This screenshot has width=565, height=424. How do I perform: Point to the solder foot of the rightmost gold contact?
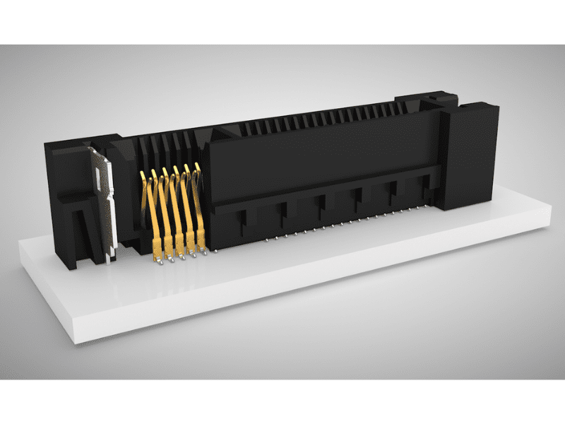coord(204,250)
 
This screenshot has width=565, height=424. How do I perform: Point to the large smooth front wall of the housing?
coord(318,155)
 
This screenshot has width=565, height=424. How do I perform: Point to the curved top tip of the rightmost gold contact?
coord(196,167)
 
